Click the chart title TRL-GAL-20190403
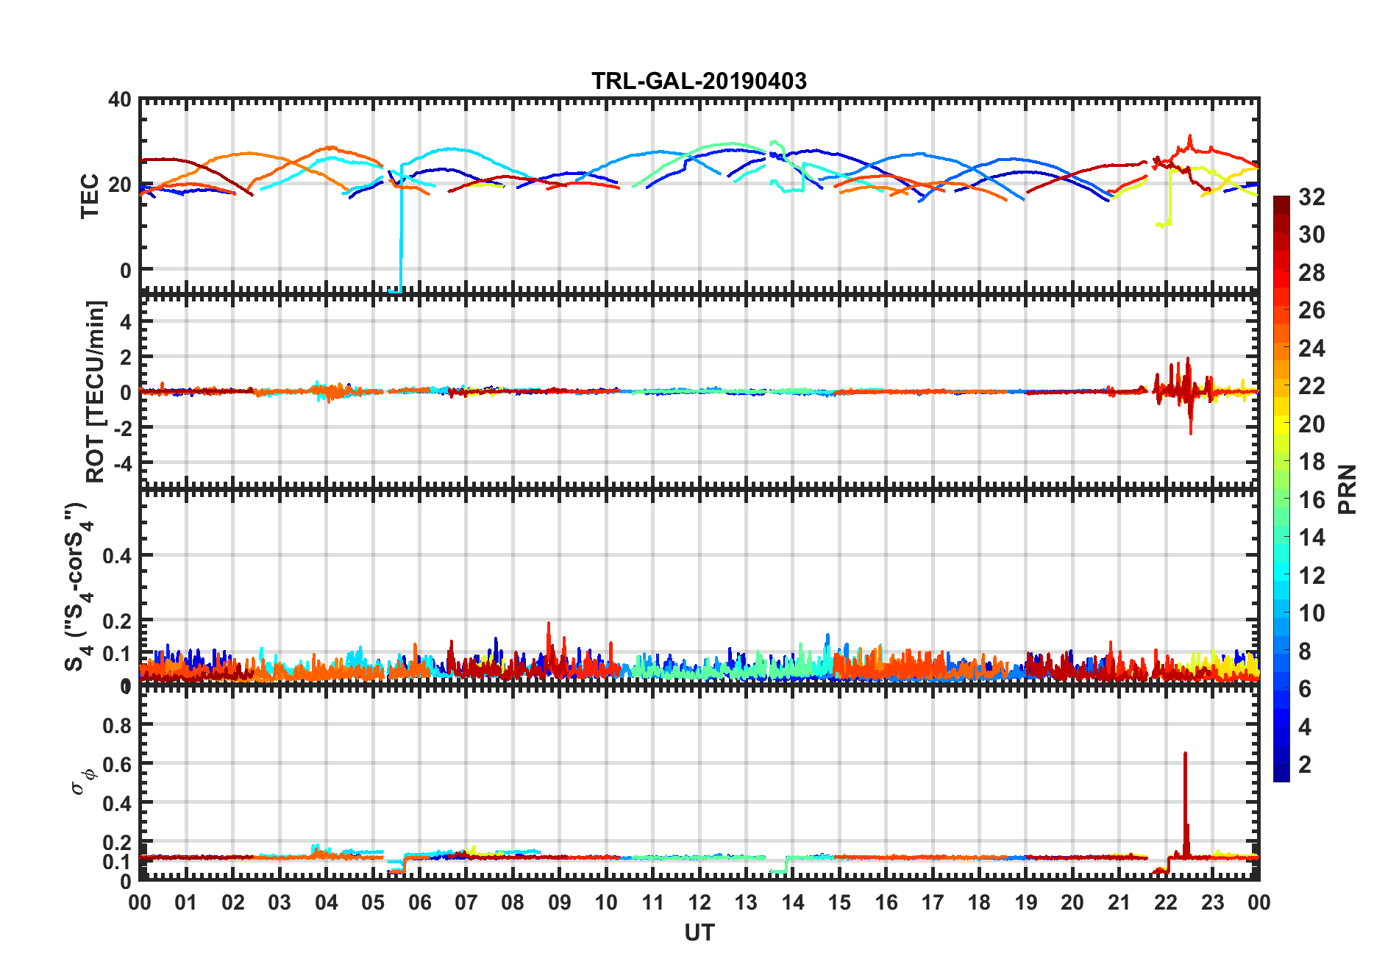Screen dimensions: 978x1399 (699, 80)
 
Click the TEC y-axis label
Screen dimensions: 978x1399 (90, 196)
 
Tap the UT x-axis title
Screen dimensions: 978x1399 (699, 933)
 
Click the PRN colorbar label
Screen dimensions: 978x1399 (1348, 489)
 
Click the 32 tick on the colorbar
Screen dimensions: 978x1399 (1311, 197)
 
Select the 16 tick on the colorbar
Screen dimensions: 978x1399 (1311, 500)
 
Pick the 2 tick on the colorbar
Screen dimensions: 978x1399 (1305, 765)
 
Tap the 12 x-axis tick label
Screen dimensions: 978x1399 (699, 902)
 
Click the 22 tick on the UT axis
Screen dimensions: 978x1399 (1165, 902)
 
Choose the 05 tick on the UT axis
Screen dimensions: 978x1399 (373, 902)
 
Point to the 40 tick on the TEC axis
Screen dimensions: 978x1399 (120, 100)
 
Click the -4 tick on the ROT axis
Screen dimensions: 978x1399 (122, 463)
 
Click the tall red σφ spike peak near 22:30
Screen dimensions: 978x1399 (1185, 754)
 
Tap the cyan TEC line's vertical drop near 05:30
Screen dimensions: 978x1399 (401, 235)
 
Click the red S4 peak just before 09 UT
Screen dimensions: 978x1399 (548, 624)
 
